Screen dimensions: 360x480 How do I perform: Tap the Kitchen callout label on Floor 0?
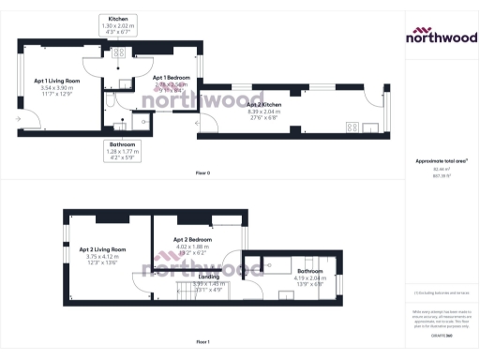coord(118,18)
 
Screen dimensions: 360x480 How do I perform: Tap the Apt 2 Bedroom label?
coord(192,240)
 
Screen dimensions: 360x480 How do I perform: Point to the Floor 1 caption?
coord(202,341)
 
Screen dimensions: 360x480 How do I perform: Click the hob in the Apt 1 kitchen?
coord(119,53)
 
